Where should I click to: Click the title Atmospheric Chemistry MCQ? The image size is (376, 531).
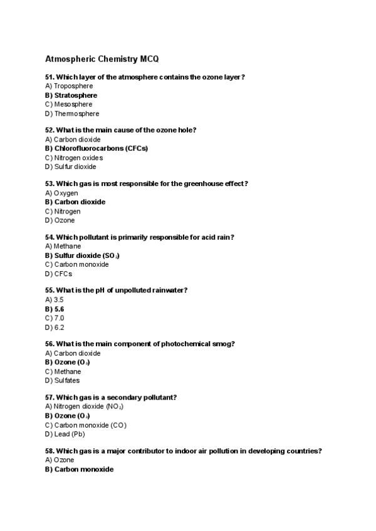(102, 58)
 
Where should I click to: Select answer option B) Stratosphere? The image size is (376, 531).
(71, 95)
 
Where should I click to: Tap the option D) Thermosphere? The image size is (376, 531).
(72, 114)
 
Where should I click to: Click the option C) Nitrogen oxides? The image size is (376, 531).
(74, 158)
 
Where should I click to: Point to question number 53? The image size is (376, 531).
(50, 183)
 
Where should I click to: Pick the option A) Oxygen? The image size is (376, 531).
(61, 193)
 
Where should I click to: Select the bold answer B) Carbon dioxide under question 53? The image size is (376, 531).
(75, 202)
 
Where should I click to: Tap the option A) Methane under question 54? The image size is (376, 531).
(63, 246)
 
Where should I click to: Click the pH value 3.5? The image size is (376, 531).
(59, 300)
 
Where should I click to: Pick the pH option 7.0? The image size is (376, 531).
(59, 318)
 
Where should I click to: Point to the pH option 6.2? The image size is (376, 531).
(59, 327)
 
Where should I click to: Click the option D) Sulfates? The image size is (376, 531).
(63, 381)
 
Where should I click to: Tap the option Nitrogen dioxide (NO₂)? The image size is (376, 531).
(88, 406)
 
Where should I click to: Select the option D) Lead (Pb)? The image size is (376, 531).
(65, 434)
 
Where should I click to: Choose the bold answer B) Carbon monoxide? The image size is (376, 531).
(80, 469)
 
